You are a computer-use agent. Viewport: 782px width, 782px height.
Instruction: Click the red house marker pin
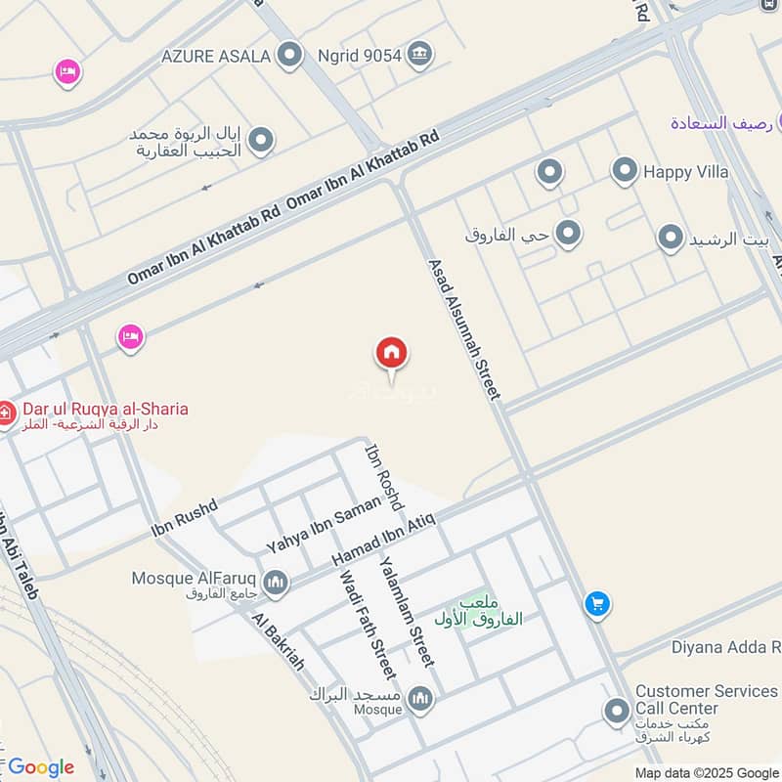click(x=392, y=353)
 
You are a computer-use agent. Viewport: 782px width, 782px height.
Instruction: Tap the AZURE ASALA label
click(x=224, y=56)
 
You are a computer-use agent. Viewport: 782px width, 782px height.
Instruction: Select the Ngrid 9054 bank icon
click(x=420, y=54)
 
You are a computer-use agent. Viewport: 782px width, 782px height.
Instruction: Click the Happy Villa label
click(x=685, y=172)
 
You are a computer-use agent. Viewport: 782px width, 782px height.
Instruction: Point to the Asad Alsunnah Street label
click(x=464, y=328)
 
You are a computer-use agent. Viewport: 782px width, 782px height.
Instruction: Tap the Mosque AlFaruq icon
click(x=277, y=583)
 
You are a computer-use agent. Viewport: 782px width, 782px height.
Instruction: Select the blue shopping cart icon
click(x=597, y=604)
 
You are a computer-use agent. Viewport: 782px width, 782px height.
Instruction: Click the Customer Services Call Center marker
click(x=617, y=712)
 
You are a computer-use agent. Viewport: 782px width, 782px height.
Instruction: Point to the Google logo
click(x=41, y=766)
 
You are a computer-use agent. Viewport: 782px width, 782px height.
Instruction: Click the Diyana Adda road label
click(x=724, y=647)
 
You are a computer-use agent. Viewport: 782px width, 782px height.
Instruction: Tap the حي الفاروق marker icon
click(x=568, y=234)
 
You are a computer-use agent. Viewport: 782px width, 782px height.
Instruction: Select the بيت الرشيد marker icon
click(x=670, y=239)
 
